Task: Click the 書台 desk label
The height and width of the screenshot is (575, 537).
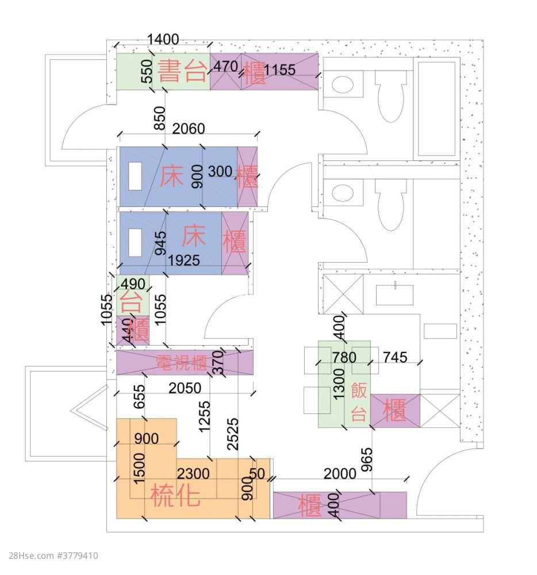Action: point(182,72)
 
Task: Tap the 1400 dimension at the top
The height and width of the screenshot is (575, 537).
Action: point(163,40)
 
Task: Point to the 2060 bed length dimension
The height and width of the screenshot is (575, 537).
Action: point(189,129)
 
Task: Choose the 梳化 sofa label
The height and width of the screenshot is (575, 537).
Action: point(176,495)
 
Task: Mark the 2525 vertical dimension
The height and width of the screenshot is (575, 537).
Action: point(232,425)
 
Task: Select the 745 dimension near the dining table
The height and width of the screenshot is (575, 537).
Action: point(394,358)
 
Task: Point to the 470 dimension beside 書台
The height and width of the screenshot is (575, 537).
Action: point(225,67)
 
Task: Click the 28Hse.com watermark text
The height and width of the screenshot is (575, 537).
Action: point(54,556)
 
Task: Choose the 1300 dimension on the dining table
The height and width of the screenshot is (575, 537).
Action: point(339,384)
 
